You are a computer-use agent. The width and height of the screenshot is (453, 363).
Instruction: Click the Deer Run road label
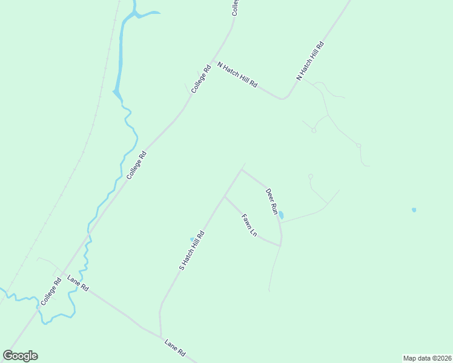point(271,201)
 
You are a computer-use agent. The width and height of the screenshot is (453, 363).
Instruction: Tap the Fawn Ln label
point(249,225)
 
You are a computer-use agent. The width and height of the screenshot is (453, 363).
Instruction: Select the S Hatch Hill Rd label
point(192,249)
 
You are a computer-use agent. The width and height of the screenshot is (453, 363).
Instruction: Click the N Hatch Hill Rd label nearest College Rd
point(237,76)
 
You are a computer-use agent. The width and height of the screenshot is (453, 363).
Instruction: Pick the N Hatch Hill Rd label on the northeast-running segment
point(310,61)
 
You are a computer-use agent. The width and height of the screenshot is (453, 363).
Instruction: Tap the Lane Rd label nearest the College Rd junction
point(78,283)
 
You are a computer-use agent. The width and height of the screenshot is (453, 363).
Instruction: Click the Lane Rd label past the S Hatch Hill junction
point(175,347)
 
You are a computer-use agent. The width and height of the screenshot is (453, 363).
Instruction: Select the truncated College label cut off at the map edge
point(236,7)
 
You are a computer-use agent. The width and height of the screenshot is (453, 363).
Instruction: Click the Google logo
point(21,356)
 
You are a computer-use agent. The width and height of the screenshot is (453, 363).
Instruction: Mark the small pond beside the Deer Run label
point(280,214)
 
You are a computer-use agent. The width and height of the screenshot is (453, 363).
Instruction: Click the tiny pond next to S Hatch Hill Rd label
point(192,239)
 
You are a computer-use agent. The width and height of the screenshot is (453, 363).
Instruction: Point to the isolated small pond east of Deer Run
point(414,210)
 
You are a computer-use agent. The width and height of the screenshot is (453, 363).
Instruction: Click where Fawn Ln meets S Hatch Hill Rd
point(225,196)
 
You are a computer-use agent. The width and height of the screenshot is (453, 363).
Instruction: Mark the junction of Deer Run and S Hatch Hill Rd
point(241,169)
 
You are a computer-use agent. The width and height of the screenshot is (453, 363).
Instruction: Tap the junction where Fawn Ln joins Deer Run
point(280,245)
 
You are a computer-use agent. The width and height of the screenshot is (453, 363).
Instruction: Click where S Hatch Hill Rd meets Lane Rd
point(161,336)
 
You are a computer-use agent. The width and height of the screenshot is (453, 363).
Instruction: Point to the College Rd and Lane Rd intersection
point(63,274)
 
